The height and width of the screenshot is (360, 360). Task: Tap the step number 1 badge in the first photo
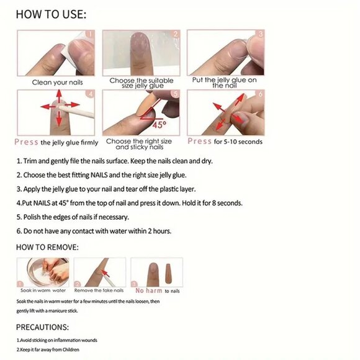pos(90,35)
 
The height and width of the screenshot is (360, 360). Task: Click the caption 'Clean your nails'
pos(57,82)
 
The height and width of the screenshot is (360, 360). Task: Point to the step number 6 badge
pos(261,94)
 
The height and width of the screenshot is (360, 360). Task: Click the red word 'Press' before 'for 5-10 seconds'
pos(200,142)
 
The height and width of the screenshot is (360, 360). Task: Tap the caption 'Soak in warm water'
pos(42,290)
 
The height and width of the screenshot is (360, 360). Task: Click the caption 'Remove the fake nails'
pos(99,290)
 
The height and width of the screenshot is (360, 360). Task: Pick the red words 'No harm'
pos(149,290)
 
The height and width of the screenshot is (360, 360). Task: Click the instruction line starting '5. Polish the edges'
pos(73,217)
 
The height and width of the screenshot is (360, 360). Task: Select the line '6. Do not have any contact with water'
pos(94,231)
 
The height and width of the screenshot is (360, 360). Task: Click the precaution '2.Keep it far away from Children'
pos(52,350)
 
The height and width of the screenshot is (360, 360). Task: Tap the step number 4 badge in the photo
pos(90,94)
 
